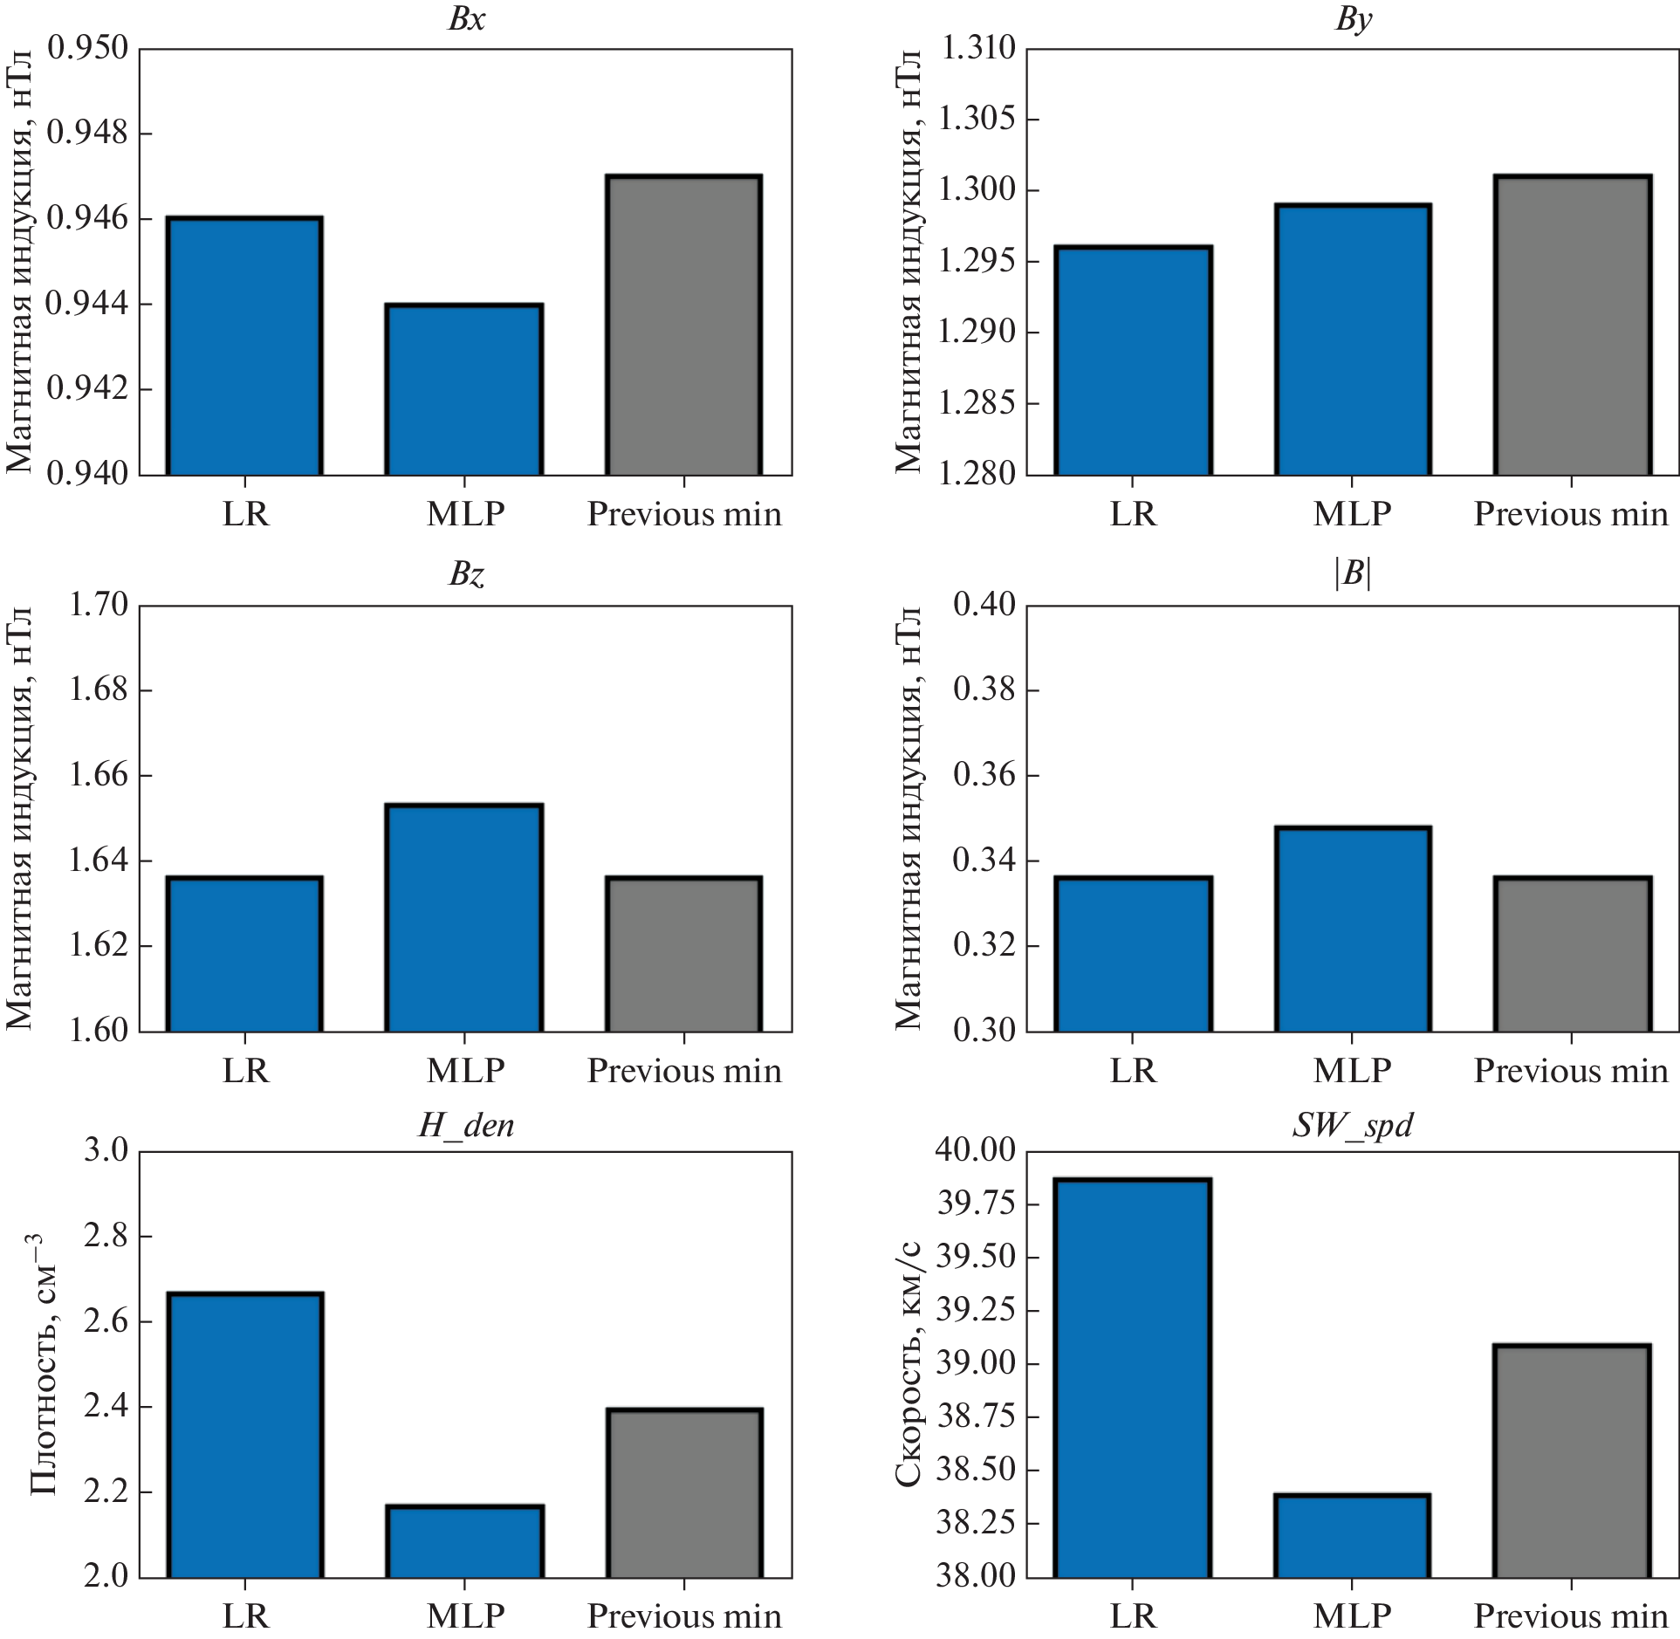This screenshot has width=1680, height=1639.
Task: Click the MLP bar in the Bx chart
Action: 464,389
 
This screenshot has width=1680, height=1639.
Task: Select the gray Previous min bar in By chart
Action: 1572,325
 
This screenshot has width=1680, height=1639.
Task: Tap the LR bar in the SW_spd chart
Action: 1132,1379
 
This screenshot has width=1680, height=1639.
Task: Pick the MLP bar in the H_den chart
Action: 464,1542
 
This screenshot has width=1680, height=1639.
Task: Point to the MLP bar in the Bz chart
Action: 464,917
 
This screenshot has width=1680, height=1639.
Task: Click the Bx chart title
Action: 466,19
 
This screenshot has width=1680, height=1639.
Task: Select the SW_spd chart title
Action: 1352,1125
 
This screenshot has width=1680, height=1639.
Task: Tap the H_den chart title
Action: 466,1125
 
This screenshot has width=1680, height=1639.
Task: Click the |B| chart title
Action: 1352,573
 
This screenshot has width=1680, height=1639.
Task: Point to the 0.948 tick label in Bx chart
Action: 87,133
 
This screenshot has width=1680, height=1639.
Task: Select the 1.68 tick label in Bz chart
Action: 98,689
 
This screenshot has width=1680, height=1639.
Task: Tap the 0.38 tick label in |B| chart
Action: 984,689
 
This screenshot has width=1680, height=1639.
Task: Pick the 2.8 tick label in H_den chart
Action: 106,1236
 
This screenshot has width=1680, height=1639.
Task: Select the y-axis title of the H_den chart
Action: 44,1363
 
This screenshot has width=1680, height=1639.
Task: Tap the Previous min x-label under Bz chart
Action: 684,1071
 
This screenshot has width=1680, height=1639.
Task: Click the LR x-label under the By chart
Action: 1132,514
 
